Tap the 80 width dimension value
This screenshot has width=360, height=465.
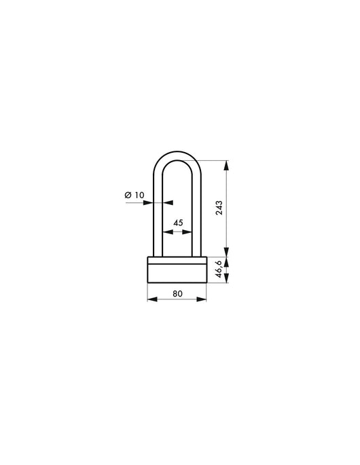177,293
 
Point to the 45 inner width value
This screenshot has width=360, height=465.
178,222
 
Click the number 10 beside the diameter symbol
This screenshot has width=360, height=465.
139,195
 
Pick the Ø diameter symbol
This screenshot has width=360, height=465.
128,196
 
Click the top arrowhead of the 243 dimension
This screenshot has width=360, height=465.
227,163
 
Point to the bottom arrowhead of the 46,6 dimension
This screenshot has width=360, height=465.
227,281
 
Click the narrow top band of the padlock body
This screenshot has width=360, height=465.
177,259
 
